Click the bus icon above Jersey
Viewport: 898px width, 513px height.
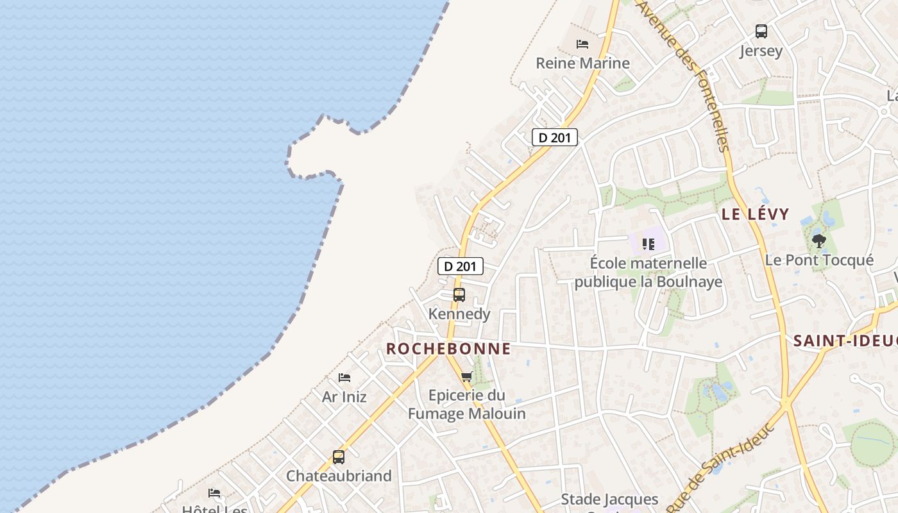click(761, 31)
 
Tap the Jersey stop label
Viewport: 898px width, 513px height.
click(761, 51)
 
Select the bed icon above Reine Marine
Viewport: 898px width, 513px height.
click(582, 44)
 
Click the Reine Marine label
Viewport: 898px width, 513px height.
click(582, 63)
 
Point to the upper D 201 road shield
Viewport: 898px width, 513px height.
click(555, 137)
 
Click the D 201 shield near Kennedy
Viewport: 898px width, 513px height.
click(461, 266)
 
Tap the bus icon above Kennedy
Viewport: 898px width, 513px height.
click(459, 295)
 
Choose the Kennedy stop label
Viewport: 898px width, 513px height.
click(459, 314)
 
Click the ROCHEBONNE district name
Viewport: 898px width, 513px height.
click(448, 349)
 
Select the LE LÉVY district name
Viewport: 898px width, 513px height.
click(755, 214)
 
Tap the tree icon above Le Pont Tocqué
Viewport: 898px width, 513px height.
click(818, 241)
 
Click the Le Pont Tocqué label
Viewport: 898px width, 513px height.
click(819, 260)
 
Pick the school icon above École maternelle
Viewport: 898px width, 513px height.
click(648, 244)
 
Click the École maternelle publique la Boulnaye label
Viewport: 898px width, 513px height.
click(648, 273)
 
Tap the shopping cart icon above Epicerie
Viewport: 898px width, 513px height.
click(467, 376)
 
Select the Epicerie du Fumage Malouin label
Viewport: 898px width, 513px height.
click(467, 405)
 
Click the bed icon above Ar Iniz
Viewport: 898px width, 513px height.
click(344, 378)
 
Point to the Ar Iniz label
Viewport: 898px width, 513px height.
click(344, 397)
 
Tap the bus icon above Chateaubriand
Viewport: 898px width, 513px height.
click(339, 457)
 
